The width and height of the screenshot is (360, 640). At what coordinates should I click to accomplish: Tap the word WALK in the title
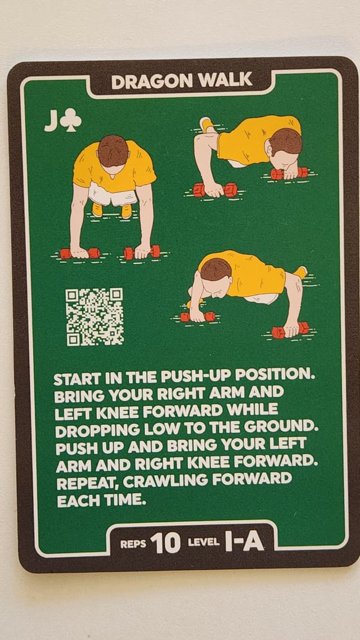click(x=226, y=80)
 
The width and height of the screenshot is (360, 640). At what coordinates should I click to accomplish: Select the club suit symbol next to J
click(x=71, y=121)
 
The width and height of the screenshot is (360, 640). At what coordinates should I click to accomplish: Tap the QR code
click(x=94, y=317)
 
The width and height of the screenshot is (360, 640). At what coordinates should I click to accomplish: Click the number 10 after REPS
click(x=166, y=543)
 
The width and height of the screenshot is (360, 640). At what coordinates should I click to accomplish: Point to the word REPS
click(x=133, y=544)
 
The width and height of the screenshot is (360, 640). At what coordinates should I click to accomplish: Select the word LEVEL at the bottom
click(x=204, y=544)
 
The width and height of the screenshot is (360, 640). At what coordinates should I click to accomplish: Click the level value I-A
click(x=244, y=541)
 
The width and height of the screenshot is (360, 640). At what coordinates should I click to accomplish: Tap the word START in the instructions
click(x=75, y=378)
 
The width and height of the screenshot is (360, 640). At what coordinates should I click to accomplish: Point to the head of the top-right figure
click(x=285, y=142)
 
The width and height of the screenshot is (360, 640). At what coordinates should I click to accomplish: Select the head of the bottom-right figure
click(x=217, y=270)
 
